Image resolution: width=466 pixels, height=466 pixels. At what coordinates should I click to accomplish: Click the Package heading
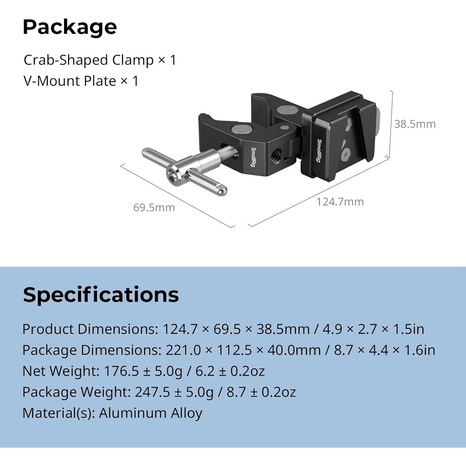click(70, 27)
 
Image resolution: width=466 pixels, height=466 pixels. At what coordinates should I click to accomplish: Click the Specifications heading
click(101, 295)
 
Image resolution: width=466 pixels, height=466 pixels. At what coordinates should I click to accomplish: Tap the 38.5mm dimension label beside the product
click(415, 124)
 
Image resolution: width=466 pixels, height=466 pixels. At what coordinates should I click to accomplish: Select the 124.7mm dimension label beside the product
click(340, 202)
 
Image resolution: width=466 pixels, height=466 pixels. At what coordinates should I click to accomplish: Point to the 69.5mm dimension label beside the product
click(154, 208)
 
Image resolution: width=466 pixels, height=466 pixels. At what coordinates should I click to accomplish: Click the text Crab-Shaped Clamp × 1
click(100, 60)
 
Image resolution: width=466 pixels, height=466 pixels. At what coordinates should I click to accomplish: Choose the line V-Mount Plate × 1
click(81, 81)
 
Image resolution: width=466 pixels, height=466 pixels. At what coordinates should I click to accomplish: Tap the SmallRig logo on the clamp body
click(254, 157)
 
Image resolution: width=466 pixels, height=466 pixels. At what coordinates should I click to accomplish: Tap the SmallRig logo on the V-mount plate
click(319, 150)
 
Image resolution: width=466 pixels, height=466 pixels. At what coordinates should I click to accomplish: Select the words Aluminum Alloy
click(150, 413)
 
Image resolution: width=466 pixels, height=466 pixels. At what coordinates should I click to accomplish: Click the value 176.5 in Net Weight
click(121, 371)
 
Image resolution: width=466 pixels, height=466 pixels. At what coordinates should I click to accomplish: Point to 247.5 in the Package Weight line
click(152, 392)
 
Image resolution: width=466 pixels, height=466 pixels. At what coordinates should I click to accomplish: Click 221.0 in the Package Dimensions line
click(183, 350)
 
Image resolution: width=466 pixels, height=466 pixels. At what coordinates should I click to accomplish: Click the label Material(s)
click(59, 413)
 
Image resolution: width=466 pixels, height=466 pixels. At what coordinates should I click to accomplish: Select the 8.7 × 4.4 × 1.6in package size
click(384, 350)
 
